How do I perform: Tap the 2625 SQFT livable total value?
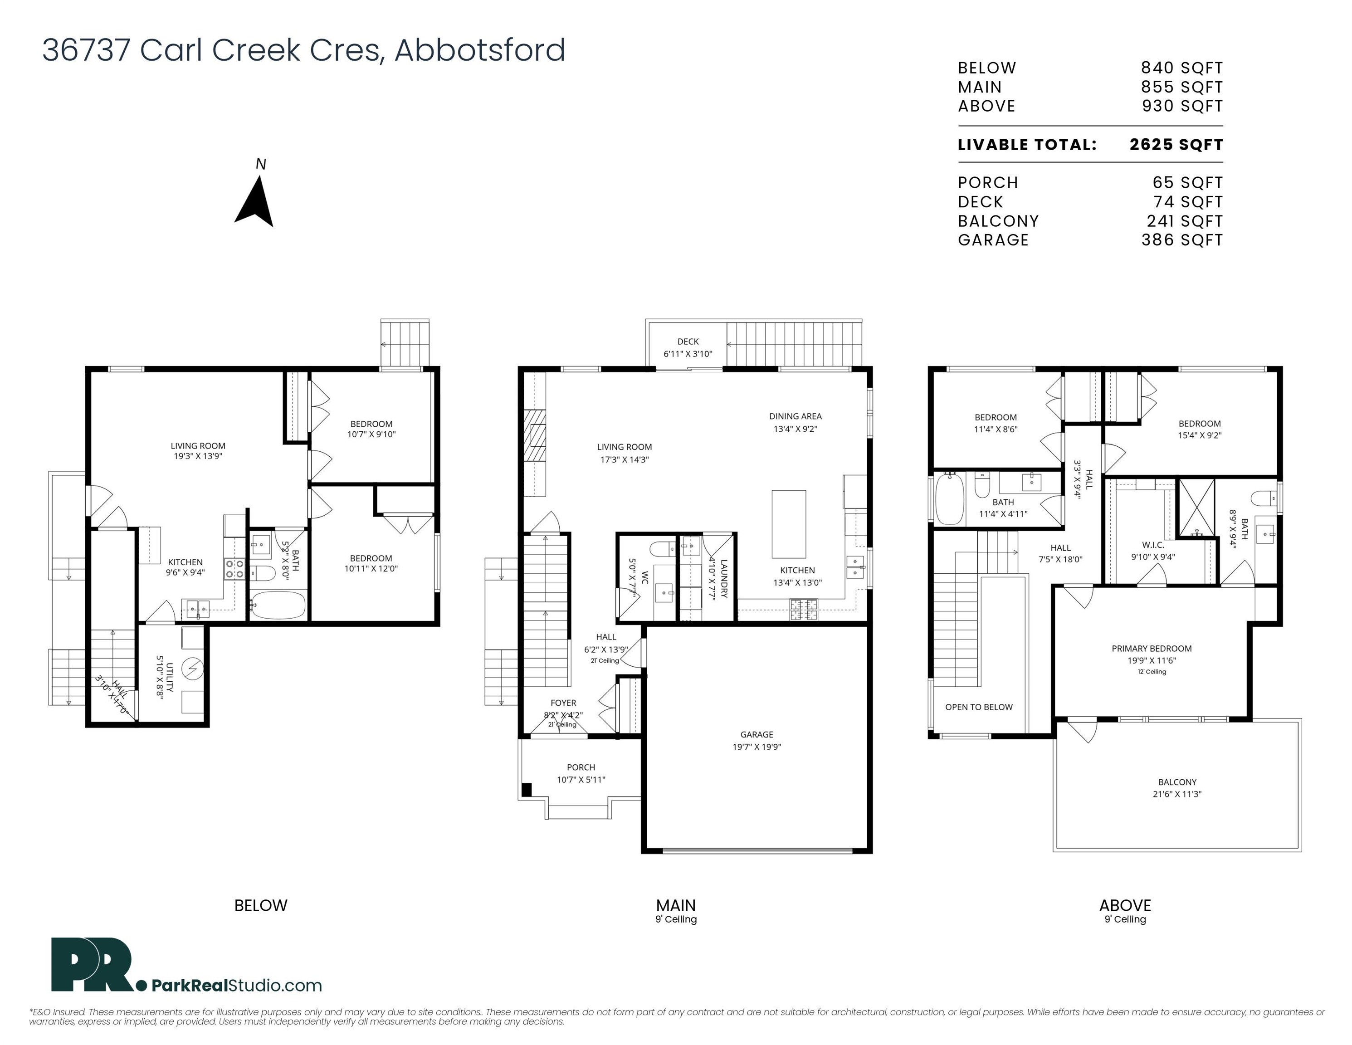(x=1176, y=145)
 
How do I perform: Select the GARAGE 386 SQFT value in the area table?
(x=1182, y=240)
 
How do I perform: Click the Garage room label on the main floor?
(x=757, y=734)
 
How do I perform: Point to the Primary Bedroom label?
(x=1152, y=649)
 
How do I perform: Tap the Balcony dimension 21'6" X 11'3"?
(x=1177, y=794)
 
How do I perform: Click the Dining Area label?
(x=796, y=416)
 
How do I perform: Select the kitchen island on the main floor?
(x=789, y=524)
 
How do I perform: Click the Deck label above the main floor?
(x=688, y=342)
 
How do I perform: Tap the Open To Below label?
(x=979, y=707)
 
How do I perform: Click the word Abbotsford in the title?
(x=480, y=50)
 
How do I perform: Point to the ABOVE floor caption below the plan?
(x=1125, y=906)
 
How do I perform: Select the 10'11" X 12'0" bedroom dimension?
(x=371, y=569)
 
